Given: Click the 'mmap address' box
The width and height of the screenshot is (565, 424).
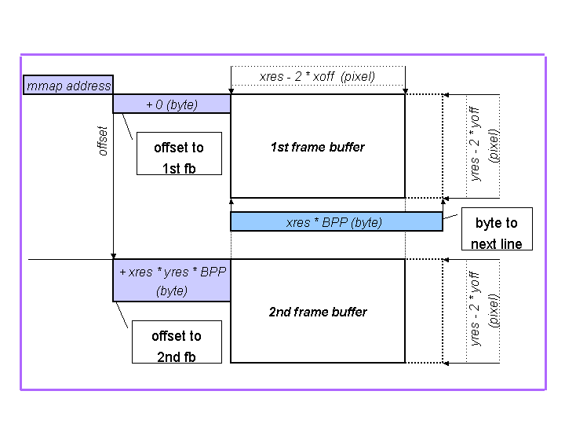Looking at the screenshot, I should coord(68,86).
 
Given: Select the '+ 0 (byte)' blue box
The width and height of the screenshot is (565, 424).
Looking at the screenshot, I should coord(172,104).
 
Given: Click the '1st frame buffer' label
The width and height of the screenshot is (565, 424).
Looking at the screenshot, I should coord(317,147).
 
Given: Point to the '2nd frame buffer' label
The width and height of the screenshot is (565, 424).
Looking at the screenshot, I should coord(317,312).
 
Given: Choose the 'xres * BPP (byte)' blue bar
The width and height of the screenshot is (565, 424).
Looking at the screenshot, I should coord(336,222).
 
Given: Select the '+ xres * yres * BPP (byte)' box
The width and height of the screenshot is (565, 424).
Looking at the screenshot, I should coord(172,280).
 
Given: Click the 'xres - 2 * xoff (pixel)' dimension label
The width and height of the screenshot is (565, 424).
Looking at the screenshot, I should coord(317,76).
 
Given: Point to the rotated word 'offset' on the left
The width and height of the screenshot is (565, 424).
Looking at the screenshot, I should coord(103,141).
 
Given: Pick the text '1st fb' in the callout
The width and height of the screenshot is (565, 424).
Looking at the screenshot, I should coord(179,168).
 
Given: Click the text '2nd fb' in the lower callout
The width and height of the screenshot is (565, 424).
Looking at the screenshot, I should coord(177,356).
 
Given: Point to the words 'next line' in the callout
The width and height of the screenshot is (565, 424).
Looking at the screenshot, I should coord(497,243).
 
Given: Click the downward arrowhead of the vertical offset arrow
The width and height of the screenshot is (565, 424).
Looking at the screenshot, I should coord(114,255).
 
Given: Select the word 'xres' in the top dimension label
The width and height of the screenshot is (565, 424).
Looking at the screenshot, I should coord(272,76).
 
